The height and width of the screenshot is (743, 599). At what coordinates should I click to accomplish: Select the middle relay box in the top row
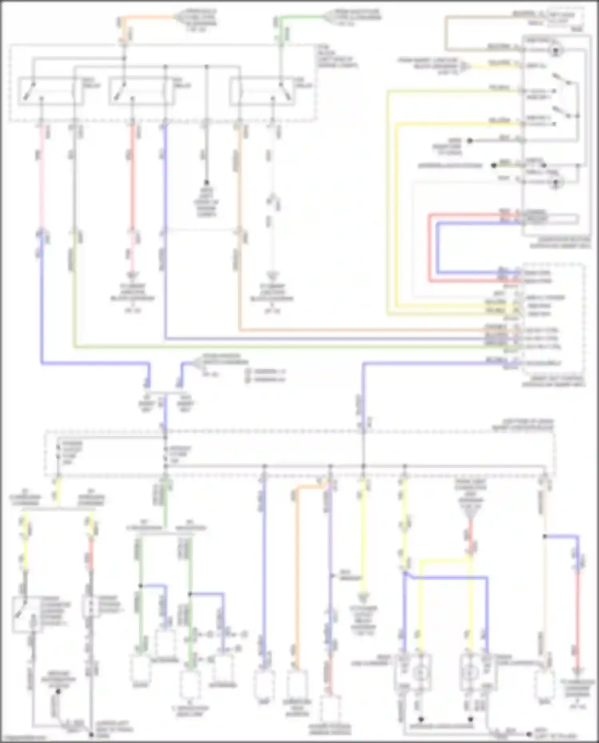[141, 92]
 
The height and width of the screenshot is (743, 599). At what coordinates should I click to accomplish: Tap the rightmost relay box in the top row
[262, 92]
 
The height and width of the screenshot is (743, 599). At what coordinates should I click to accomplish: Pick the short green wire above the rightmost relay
[303, 17]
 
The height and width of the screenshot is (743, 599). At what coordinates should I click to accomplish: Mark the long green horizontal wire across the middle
[280, 347]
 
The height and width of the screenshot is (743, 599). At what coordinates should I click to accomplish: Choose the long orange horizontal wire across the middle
[359, 330]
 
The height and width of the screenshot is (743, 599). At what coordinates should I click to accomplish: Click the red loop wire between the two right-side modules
[430, 248]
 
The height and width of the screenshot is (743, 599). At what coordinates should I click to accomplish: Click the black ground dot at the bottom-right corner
[529, 734]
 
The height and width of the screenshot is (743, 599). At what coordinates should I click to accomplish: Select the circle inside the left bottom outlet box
[420, 673]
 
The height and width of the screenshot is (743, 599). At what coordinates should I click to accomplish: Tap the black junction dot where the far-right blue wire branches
[544, 536]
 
